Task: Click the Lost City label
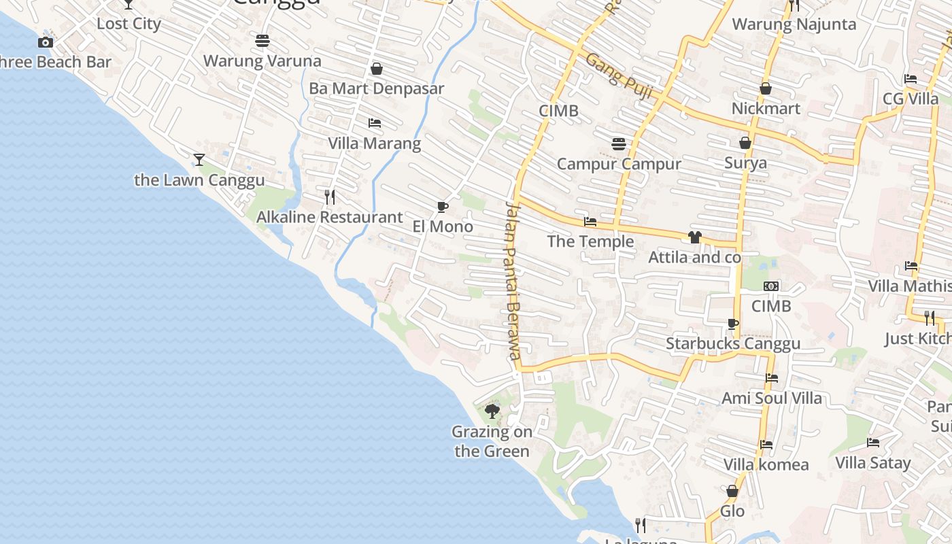(x=129, y=24)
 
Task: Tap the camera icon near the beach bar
(x=46, y=43)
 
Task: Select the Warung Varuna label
(x=262, y=61)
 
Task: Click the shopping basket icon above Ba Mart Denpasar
(x=377, y=69)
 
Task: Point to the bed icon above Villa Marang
(x=374, y=123)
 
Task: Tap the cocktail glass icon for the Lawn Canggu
(x=199, y=160)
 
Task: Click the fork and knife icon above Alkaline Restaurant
(x=330, y=197)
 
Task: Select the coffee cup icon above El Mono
(x=442, y=207)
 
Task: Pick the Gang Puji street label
(x=619, y=76)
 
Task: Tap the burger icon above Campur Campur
(x=619, y=144)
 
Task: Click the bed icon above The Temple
(x=590, y=222)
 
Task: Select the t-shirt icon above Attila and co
(x=694, y=237)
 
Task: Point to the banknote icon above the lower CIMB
(x=771, y=286)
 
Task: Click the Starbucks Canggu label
(x=733, y=343)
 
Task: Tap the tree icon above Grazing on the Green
(x=492, y=411)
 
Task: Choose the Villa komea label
(x=766, y=465)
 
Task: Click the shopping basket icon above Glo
(x=732, y=491)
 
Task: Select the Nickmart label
(x=766, y=109)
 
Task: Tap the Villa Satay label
(x=872, y=463)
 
